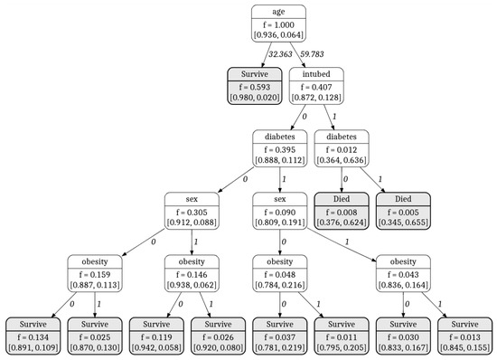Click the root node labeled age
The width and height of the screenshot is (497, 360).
pyautogui.click(x=278, y=23)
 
